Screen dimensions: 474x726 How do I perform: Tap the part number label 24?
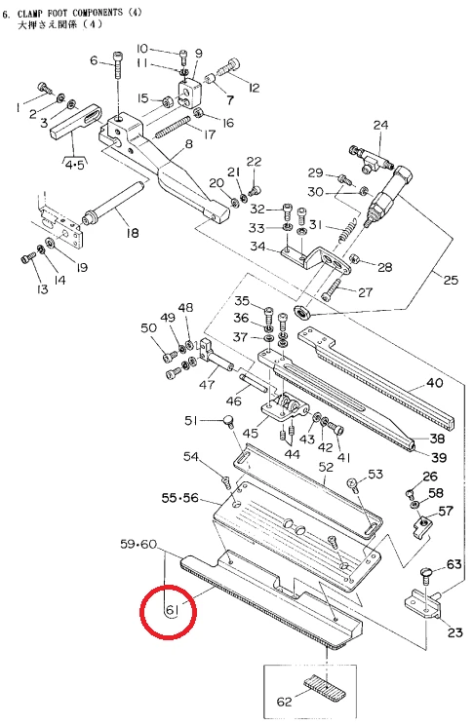[x=381, y=125]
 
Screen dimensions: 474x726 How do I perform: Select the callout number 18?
[x=133, y=232]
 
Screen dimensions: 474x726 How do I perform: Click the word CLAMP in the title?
[x=31, y=14]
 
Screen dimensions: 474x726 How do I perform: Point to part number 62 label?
[x=284, y=702]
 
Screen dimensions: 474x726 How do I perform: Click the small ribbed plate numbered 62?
[x=325, y=687]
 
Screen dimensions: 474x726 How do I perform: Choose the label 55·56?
[x=179, y=498]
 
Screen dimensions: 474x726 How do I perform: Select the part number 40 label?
[x=435, y=382]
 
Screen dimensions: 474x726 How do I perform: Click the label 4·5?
[x=74, y=165]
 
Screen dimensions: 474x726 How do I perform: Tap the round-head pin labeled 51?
[x=228, y=420]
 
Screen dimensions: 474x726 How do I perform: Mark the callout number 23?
[x=455, y=632]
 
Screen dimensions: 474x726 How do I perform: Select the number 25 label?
[x=451, y=280]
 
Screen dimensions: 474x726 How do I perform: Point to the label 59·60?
[x=138, y=544]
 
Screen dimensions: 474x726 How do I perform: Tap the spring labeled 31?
[x=348, y=229]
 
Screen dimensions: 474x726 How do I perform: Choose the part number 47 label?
[x=207, y=384]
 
